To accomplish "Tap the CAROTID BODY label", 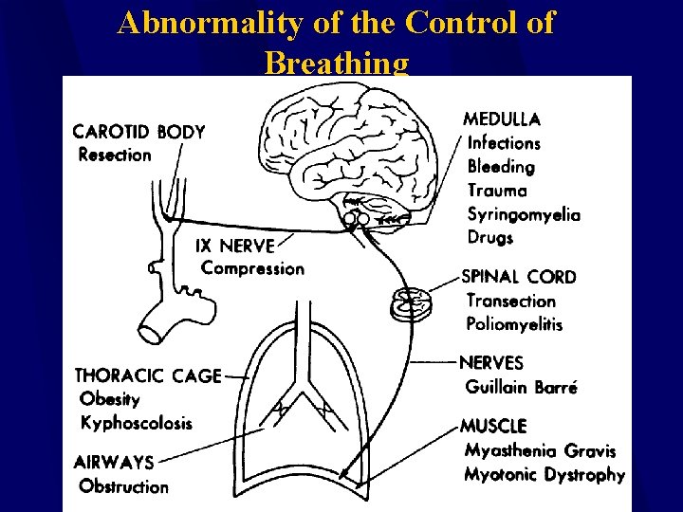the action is tap(138, 131).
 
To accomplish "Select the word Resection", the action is tap(115, 155).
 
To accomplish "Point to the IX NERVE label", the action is tap(234, 245).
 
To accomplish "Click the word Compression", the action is tap(252, 268).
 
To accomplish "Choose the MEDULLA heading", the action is tap(502, 119).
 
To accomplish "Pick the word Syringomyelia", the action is tap(524, 214).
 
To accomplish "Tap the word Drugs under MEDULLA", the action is tap(490, 237).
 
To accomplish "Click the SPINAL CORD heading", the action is tap(518, 277).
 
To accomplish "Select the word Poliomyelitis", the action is tap(514, 324).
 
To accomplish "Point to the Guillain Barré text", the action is tap(521, 387).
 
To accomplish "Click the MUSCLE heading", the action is tap(492, 427).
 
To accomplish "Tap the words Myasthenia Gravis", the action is tap(540, 450).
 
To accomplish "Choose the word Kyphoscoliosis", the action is tap(136, 423).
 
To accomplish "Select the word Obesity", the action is tap(110, 399).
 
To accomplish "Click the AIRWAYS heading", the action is tap(113, 463).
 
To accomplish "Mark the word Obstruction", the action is tap(123, 486).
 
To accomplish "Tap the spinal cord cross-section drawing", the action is tap(412, 303).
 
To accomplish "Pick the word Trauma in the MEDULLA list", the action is tap(497, 191).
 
